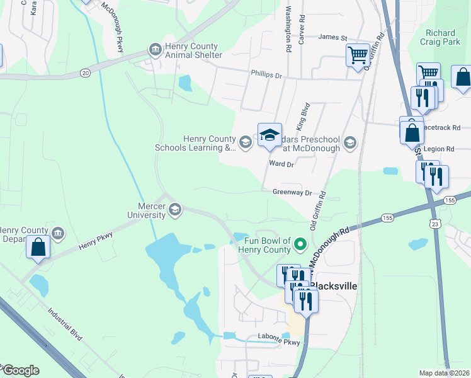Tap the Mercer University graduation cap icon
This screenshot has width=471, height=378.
click(175, 210)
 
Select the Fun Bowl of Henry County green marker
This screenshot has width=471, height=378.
click(301, 243)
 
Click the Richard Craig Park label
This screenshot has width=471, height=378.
click(441, 38)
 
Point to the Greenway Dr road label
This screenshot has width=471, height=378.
click(292, 192)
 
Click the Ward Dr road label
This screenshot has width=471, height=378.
click(281, 164)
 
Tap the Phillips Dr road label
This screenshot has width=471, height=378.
click(267, 74)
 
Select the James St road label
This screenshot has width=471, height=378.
click(333, 37)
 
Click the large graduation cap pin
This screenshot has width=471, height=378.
click(270, 135)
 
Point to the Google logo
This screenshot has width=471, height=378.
click(20, 370)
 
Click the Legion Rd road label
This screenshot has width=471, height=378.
click(440, 149)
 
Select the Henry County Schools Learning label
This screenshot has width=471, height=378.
click(195, 143)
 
